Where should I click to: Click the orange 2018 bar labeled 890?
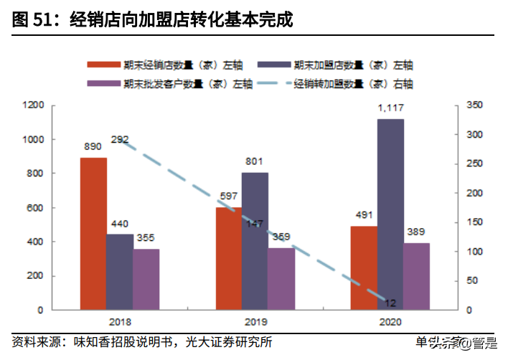tap(93, 234)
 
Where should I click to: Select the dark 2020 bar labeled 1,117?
tap(390, 214)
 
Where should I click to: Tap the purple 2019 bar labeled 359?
tap(281, 279)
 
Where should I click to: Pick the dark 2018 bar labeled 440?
tap(120, 272)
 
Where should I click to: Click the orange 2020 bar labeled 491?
tap(364, 268)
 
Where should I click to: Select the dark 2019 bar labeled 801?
tap(255, 241)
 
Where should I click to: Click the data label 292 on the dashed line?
tap(120, 139)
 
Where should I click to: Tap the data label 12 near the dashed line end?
tap(391, 303)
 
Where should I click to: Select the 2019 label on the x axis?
tap(255, 322)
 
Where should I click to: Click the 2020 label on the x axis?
tap(390, 322)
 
